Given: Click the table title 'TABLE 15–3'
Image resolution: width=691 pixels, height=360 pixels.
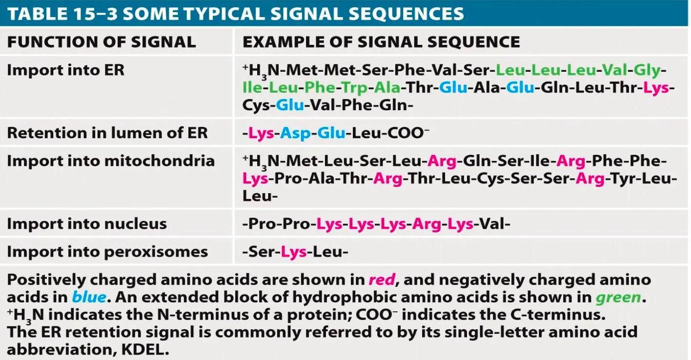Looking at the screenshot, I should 61,13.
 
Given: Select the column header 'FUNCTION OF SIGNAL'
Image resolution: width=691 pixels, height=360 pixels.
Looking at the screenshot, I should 101,42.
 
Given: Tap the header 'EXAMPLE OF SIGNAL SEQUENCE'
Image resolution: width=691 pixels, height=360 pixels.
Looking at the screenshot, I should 381,42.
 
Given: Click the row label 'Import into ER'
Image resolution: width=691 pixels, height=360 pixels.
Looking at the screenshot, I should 65,70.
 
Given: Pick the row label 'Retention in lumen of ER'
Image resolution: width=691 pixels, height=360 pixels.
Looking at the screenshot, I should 107,133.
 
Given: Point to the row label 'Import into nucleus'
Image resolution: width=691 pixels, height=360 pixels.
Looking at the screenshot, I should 86,224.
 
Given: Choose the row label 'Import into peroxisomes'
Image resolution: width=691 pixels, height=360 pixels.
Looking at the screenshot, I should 107,252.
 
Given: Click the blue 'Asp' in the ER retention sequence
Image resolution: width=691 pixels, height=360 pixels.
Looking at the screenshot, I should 295,133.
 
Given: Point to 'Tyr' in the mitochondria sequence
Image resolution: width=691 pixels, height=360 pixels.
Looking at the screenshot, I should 622,179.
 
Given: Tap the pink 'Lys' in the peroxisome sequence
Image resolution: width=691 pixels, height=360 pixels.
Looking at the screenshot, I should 294,252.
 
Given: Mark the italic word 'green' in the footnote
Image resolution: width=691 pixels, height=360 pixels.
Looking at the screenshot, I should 617,297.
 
